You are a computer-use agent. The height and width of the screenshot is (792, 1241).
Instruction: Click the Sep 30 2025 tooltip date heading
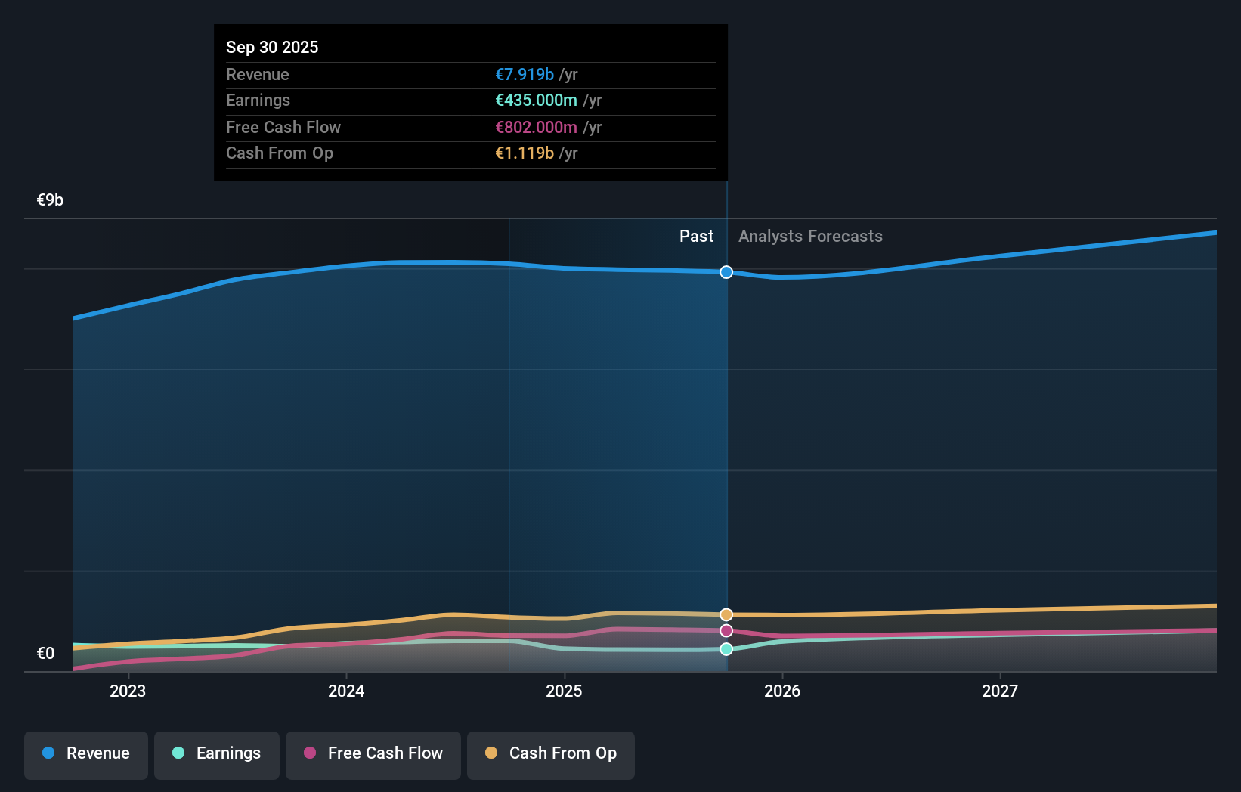point(272,47)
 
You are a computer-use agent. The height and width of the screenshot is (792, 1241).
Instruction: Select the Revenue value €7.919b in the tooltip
point(525,74)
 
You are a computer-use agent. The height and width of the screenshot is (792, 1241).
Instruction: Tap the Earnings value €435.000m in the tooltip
point(536,100)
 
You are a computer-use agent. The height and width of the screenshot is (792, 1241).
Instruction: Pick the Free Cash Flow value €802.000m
point(536,127)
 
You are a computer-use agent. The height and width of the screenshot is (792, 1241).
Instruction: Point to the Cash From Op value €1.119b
point(525,153)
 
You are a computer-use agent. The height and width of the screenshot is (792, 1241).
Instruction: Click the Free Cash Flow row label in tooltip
point(283,127)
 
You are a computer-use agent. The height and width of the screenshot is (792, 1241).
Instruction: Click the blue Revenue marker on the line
point(726,272)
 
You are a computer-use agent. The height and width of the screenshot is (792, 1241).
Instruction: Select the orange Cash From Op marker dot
point(726,614)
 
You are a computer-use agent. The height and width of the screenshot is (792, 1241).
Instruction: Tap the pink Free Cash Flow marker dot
point(726,630)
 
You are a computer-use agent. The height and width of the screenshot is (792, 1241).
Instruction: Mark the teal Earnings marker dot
point(726,649)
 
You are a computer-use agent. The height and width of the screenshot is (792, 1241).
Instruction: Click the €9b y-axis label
point(50,200)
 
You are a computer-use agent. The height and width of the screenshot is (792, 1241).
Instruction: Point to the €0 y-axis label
point(45,653)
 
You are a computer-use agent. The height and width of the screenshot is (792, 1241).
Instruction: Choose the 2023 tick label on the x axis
point(128,691)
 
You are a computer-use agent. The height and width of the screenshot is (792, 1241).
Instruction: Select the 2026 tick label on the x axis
point(782,691)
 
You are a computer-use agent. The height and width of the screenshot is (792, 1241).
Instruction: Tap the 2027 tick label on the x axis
point(1000,691)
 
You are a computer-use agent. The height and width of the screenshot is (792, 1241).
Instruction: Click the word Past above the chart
point(696,236)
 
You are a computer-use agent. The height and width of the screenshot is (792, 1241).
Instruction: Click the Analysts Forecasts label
point(810,236)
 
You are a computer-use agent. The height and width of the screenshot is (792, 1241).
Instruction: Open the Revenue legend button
point(86,753)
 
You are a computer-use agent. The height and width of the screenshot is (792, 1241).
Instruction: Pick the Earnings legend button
point(217,753)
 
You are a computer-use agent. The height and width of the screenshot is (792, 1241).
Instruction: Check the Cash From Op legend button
point(551,753)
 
